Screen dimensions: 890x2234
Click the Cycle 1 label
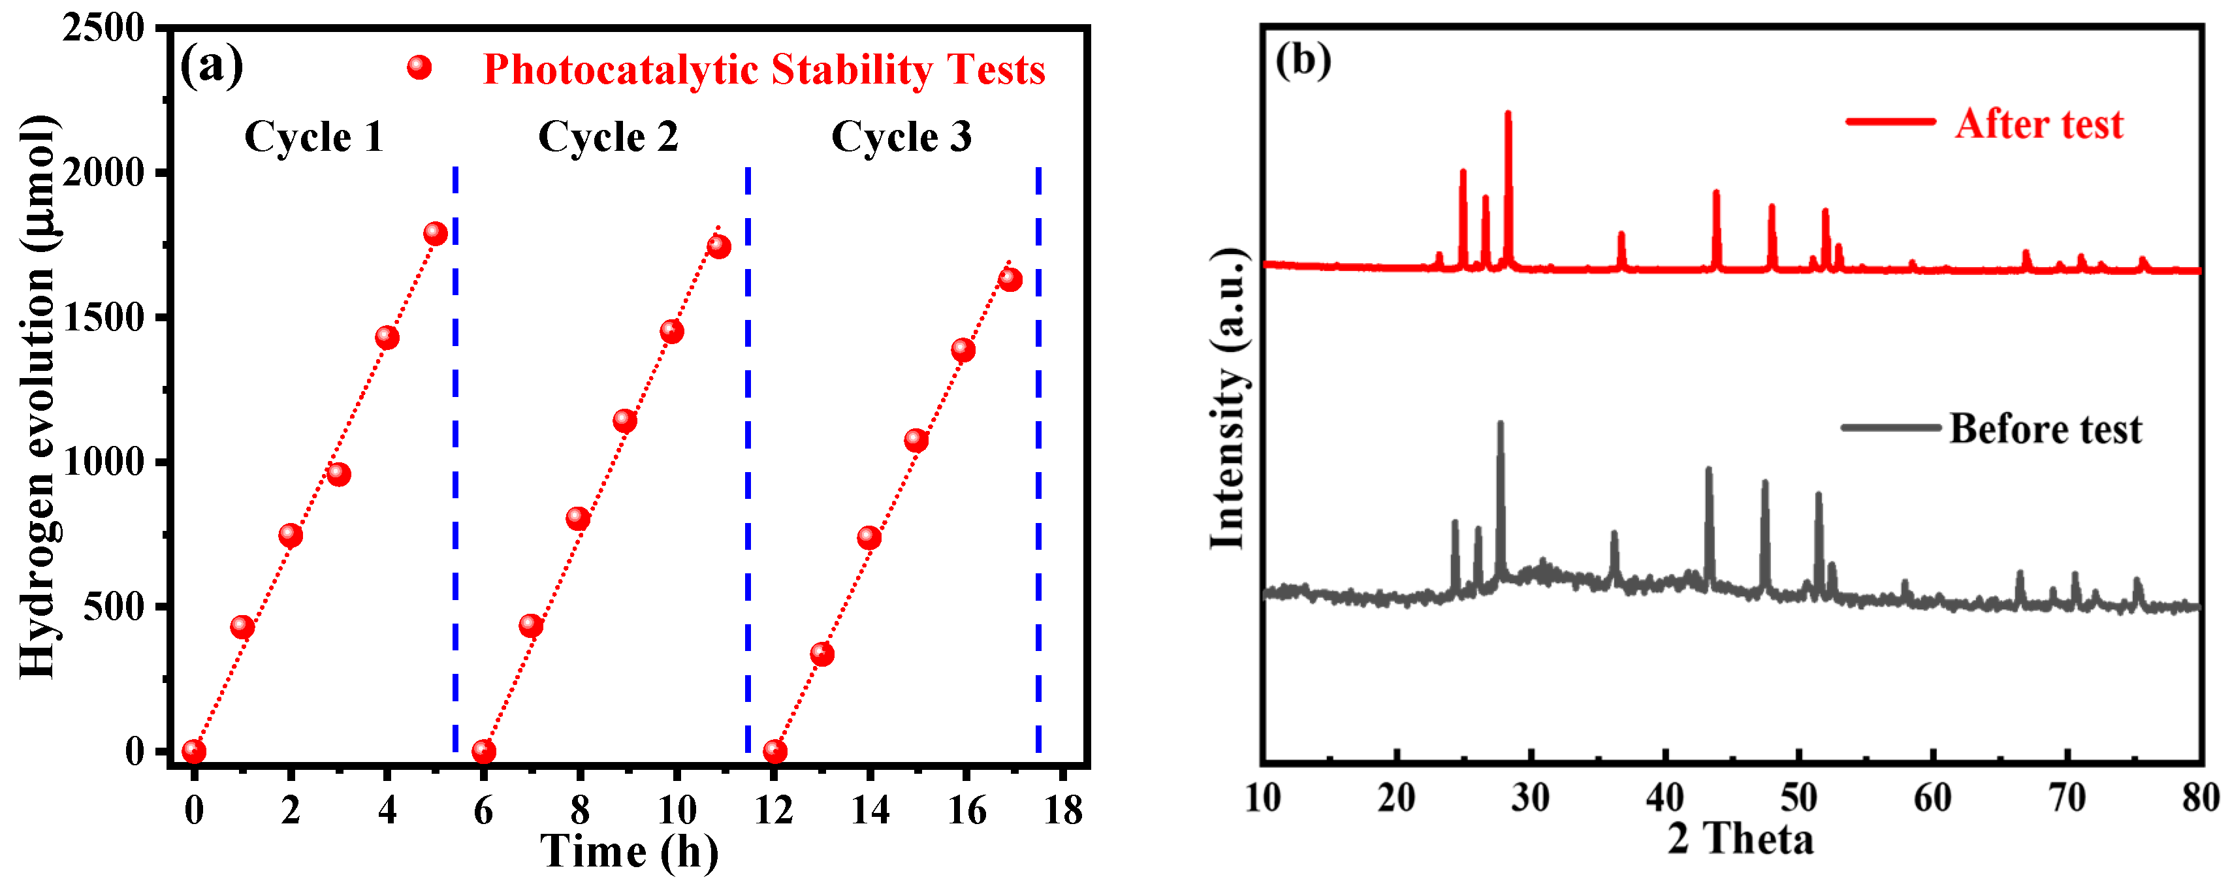tap(314, 137)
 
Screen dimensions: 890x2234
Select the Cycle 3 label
tap(902, 137)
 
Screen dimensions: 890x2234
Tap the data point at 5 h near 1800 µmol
tap(436, 233)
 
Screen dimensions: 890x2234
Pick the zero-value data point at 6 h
tap(484, 751)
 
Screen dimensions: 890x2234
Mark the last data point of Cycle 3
tap(1010, 279)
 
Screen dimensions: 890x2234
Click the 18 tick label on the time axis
tap(1063, 810)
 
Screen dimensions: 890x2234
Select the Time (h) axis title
tap(630, 852)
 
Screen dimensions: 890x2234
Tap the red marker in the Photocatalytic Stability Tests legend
tap(420, 68)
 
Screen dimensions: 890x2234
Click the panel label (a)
tap(212, 65)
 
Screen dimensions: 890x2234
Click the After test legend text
tap(2039, 124)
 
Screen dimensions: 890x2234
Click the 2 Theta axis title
tap(1740, 840)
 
